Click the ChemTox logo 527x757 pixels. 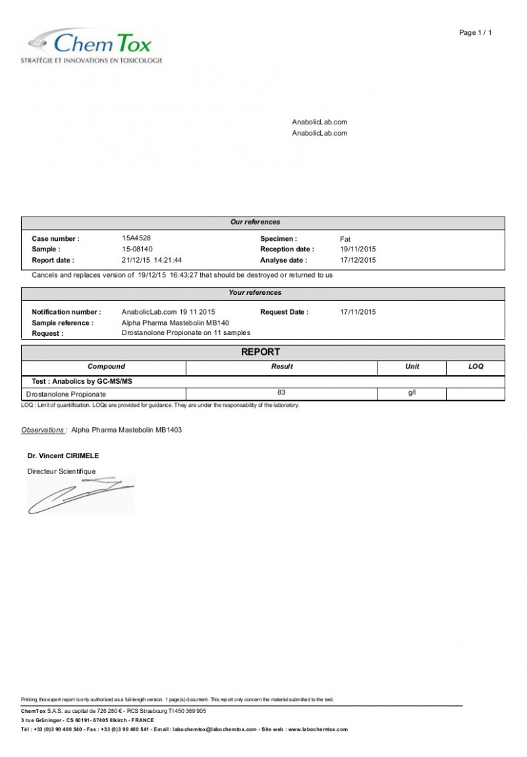(92, 45)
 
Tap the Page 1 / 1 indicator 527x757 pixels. (475, 33)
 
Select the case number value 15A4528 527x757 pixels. (136, 238)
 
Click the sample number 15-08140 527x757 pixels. (137, 249)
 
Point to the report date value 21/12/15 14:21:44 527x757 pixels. (152, 260)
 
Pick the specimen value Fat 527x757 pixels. (345, 239)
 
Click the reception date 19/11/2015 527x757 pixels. (358, 249)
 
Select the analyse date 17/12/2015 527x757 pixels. (358, 260)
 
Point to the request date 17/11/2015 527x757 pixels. (358, 312)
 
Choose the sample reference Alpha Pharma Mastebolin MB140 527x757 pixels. (176, 323)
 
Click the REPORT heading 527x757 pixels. (260, 352)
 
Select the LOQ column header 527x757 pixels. (476, 367)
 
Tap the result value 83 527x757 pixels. (282, 393)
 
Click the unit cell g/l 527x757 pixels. (412, 393)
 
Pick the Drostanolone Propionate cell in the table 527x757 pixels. (66, 394)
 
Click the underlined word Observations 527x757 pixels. (43, 430)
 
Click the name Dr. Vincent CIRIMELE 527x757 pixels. (63, 456)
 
